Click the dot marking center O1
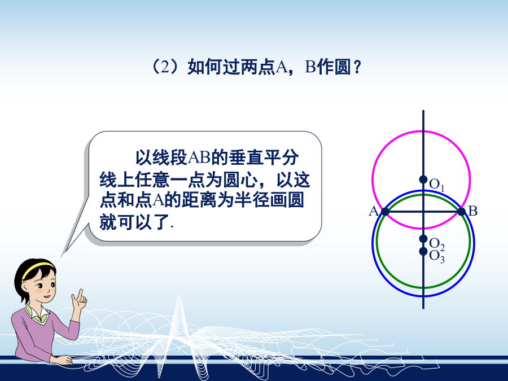coord(423,179)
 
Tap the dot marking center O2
coord(423,239)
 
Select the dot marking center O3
coord(423,251)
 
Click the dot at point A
coord(385,212)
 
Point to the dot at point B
coord(461,212)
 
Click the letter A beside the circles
coord(374,211)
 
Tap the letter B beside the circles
coord(473,211)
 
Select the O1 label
coord(436,185)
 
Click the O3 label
coord(437,257)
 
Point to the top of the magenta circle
coord(422,131)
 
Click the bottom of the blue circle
coord(423,295)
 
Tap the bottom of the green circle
coord(423,287)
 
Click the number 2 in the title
coord(165,67)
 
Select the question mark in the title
coord(357,67)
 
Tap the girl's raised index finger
coord(80,294)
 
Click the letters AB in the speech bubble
coord(199,158)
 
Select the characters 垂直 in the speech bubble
coord(246,158)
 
